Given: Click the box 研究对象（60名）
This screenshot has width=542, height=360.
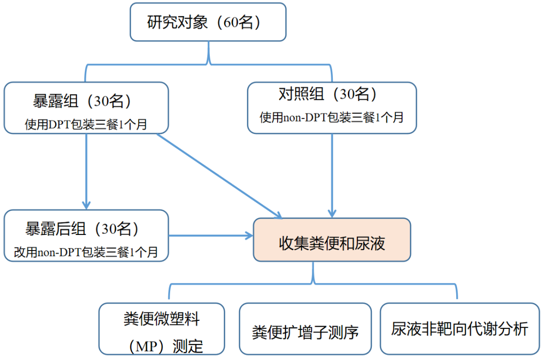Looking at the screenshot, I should point(208,22).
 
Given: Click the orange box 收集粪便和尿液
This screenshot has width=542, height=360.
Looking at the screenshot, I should point(332,244).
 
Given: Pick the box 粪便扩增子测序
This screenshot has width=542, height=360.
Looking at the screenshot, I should point(305,329).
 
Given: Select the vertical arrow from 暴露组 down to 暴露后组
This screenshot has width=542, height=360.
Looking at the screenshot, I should point(86,171).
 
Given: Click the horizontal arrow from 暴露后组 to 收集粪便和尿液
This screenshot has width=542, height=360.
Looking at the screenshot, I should point(211,235).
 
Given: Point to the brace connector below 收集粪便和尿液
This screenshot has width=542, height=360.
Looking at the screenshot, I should point(314,281).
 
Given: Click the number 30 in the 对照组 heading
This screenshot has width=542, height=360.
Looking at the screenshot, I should point(349,94).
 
